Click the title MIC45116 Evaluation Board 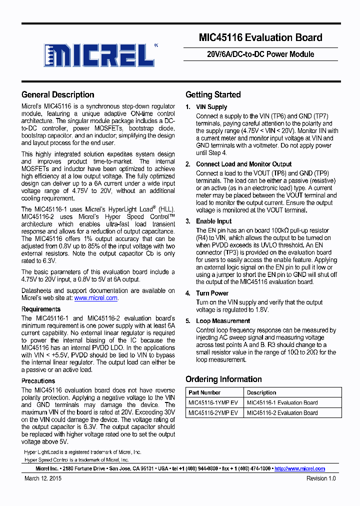pos(260,37)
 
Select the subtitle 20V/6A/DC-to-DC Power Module pos(260,54)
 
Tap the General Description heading pos(58,94)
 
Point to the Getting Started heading pos(213,94)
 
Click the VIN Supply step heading pos(211,107)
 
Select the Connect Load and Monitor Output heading pos(243,164)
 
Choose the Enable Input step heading pos(214,221)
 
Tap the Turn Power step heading pos(212,293)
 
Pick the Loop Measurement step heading pos(223,321)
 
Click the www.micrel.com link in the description pos(96,298)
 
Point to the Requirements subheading pos(41,309)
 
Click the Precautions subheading pos(38,381)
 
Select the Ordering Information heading pos(223,379)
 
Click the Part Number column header pos(204,392)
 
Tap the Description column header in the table pos(261,392)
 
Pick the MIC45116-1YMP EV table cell pos(213,402)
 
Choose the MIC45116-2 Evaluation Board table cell pos(282,413)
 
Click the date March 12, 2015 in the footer pos(43,478)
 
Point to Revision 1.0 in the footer pos(321,478)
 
